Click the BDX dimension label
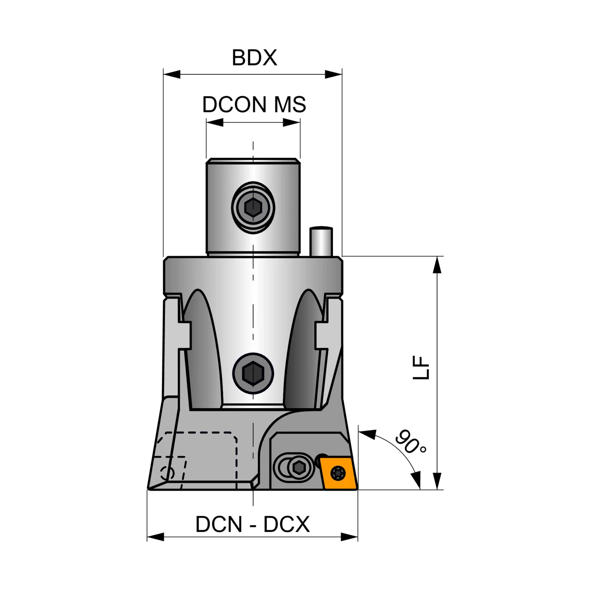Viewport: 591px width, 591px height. (x=254, y=58)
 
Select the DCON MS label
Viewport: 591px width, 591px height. (x=254, y=104)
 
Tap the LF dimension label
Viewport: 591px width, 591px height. (x=421, y=367)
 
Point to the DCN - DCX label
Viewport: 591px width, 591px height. (x=253, y=524)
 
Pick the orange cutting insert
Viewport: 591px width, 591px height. (x=338, y=473)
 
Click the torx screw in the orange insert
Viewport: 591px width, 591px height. (x=338, y=473)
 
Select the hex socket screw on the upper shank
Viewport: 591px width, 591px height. (x=253, y=207)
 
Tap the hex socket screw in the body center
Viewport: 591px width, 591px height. (x=253, y=373)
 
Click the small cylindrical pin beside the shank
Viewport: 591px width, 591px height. (x=321, y=241)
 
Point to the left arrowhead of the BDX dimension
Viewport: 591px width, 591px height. (x=172, y=74)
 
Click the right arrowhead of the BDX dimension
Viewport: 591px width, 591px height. (x=333, y=74)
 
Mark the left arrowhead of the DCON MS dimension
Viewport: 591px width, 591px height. (x=215, y=123)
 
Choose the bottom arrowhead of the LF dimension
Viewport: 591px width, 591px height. (x=437, y=481)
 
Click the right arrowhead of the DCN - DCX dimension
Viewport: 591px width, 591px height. (x=349, y=537)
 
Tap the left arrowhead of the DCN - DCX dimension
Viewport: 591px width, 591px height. (x=155, y=537)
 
